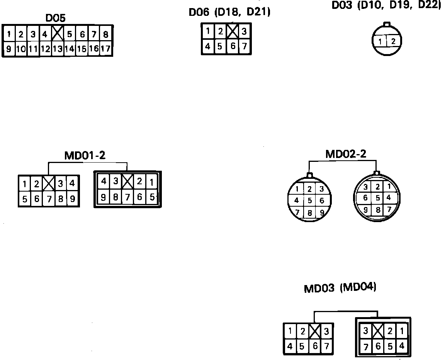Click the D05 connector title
point(56,18)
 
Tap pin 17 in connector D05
point(105,49)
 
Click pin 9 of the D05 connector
point(8,49)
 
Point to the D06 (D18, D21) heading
point(229,12)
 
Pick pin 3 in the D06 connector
point(244,32)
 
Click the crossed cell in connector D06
point(232,31)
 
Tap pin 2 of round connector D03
point(393,41)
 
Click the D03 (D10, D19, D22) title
point(386,5)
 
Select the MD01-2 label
point(85,155)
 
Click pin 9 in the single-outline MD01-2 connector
point(72,199)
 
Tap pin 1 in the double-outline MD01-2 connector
point(152,182)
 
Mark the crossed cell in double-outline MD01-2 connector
point(127,182)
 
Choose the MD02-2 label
point(346,154)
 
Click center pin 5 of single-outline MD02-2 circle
point(310,200)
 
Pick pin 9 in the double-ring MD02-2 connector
point(365,210)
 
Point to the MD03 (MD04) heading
point(340,288)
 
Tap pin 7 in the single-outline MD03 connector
point(327,346)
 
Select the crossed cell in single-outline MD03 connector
point(315,331)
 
